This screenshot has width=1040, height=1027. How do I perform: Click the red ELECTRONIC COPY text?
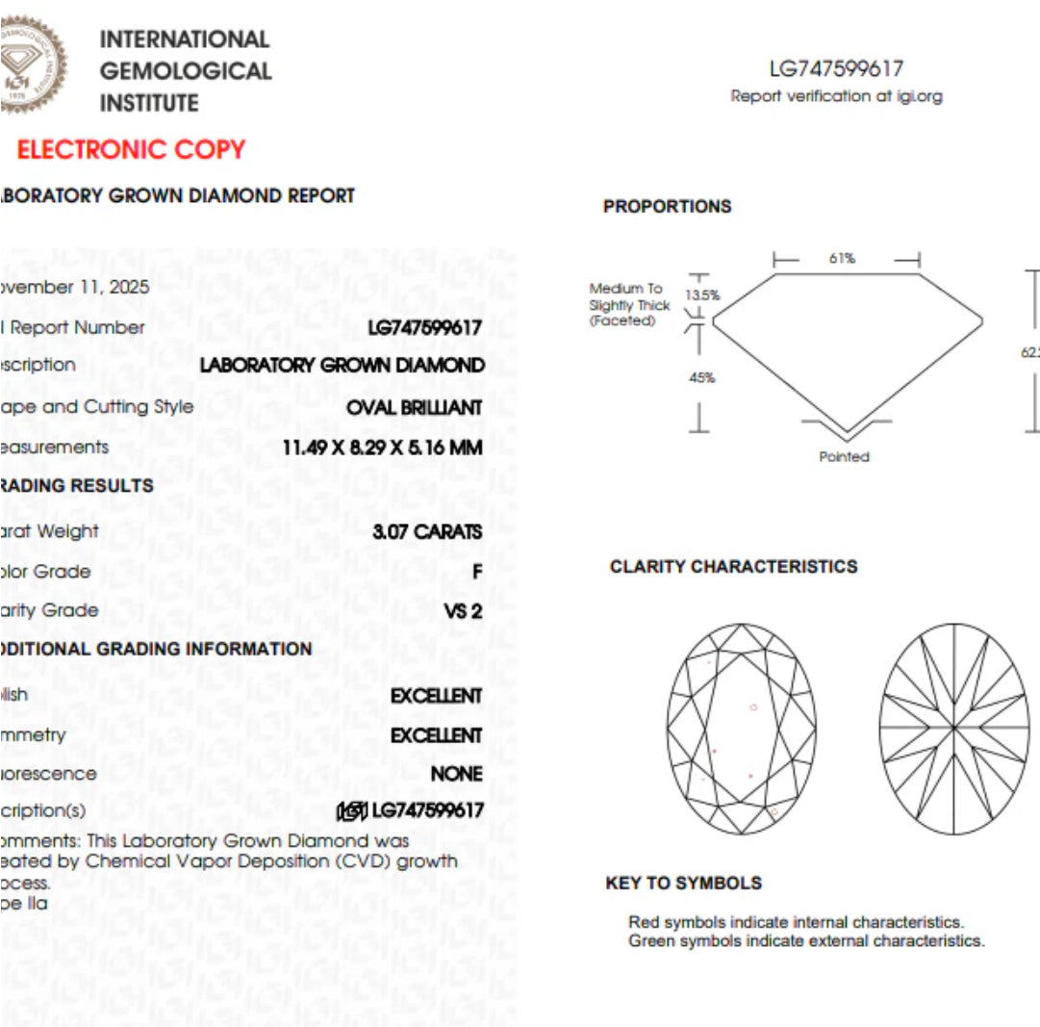[132, 150]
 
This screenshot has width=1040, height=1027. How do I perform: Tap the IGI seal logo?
[32, 62]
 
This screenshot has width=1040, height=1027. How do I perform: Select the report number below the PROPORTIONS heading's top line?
[836, 68]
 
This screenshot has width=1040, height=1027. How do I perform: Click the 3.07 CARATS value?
[427, 531]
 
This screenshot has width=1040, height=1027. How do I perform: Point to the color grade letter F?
[477, 572]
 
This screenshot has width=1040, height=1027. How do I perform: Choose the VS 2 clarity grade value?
[463, 610]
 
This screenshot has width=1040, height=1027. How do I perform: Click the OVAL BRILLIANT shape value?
[415, 407]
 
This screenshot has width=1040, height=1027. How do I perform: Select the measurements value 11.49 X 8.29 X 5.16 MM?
[382, 448]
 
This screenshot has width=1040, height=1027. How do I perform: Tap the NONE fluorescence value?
[457, 774]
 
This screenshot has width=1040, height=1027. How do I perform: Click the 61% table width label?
[842, 259]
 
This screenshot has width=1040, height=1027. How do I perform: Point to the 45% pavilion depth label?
[702, 377]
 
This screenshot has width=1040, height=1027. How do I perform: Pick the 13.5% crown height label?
[702, 295]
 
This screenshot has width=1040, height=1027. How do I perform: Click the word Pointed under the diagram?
[844, 457]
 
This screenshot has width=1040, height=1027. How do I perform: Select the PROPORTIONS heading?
[667, 207]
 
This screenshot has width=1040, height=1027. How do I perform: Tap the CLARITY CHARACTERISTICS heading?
[733, 567]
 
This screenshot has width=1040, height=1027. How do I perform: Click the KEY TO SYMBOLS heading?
[683, 884]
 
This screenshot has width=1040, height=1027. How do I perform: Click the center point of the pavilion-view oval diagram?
[954, 729]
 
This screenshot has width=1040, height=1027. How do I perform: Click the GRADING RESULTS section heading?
[77, 486]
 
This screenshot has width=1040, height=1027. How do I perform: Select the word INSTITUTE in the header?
[149, 103]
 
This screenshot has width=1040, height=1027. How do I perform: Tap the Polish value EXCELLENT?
[436, 696]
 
